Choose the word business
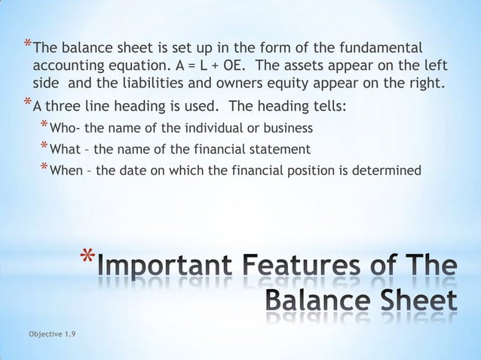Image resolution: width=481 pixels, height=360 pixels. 287,127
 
